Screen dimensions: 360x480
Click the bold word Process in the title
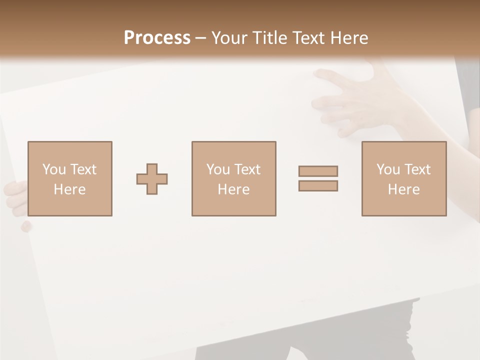coord(157,38)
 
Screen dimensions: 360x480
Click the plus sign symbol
coord(152,179)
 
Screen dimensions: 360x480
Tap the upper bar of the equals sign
coord(318,171)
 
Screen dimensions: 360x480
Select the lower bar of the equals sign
coord(318,185)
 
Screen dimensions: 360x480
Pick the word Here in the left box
coord(69,189)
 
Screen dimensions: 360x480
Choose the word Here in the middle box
coord(233,189)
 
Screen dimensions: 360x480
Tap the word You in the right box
coord(388,169)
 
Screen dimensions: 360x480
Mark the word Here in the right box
coord(403,189)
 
